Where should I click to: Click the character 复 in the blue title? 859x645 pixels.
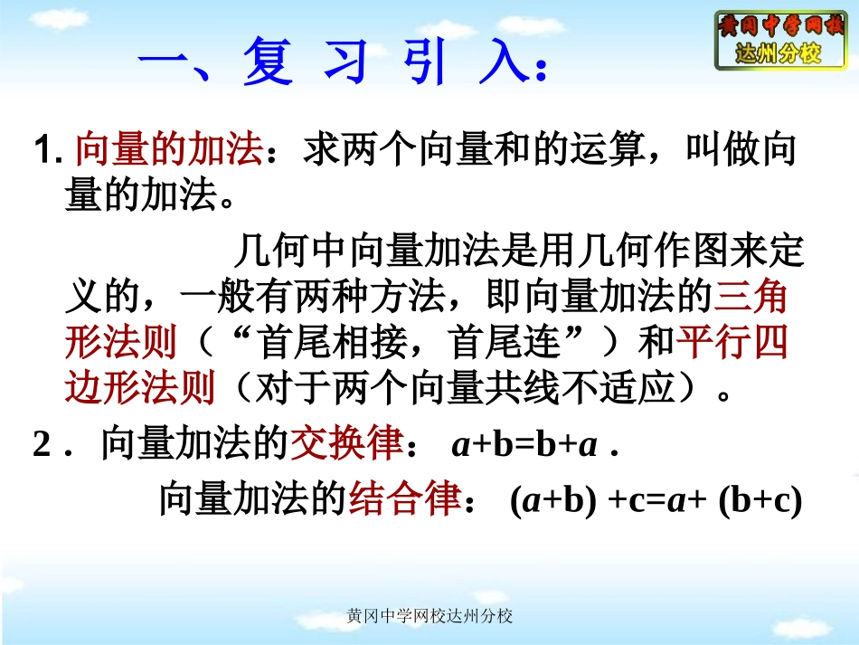coord(269,64)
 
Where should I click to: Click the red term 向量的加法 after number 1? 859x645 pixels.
coord(168,150)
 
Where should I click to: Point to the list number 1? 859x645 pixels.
coord(45,151)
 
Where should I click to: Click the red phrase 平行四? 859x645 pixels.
coord(732,343)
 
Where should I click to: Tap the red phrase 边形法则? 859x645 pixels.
coord(140,388)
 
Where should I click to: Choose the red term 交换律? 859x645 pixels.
coord(345,446)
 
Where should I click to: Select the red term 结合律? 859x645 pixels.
coord(405,499)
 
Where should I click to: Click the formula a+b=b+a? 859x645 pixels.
coord(524,446)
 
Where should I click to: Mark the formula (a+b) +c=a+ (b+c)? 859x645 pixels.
coord(656,499)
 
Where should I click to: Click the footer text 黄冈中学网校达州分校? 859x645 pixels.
coord(429,616)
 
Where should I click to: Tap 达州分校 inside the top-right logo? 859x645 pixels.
coord(779,53)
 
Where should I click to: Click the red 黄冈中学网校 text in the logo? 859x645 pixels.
coord(780,25)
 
